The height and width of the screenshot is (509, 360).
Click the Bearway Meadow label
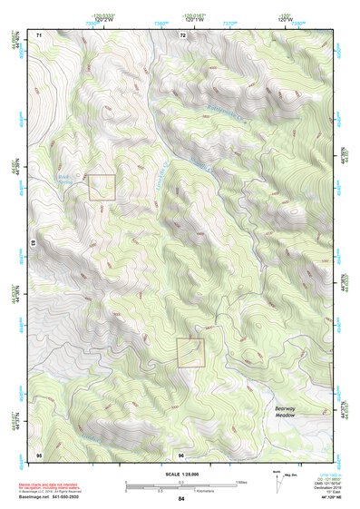291,412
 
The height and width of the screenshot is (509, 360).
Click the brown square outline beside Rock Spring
102,187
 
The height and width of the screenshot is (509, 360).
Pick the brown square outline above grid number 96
190,352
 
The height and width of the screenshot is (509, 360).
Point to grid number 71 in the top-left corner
39,34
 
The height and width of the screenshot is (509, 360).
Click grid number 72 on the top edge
182,34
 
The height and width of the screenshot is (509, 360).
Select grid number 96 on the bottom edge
181,454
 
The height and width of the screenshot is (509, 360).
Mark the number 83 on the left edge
34,244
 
